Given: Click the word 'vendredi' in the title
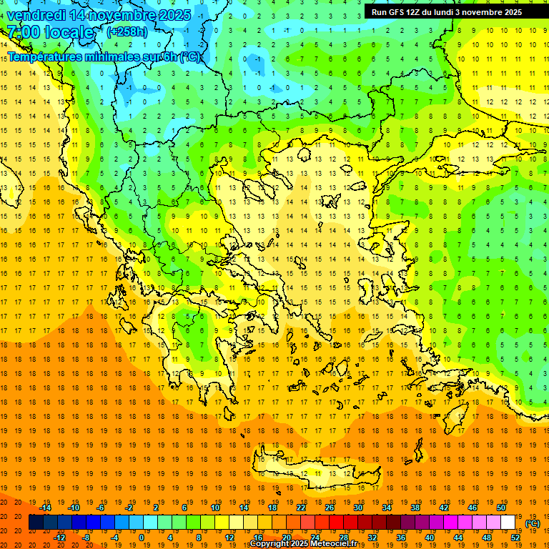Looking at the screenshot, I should click(x=34, y=15).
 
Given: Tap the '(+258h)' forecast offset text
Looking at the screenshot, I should click(x=127, y=31).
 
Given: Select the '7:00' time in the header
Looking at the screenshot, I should click(x=23, y=32).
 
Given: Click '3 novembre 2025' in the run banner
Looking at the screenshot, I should click(x=488, y=12).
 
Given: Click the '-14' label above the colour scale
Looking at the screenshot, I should click(x=45, y=508).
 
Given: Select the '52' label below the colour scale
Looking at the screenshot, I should click(x=515, y=537).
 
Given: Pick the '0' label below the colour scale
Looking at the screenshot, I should click(x=142, y=537).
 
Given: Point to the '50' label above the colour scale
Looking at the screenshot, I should click(x=501, y=508).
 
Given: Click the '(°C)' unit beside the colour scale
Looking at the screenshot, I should click(x=533, y=523).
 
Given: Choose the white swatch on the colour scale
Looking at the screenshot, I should click(x=508, y=523).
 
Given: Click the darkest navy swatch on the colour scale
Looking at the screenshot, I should click(x=36, y=523).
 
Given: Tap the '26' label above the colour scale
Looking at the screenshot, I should click(x=330, y=508).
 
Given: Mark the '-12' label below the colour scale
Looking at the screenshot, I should click(x=60, y=537).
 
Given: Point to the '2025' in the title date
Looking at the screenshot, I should click(x=174, y=15).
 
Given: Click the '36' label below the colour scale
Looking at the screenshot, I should click(x=401, y=537).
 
